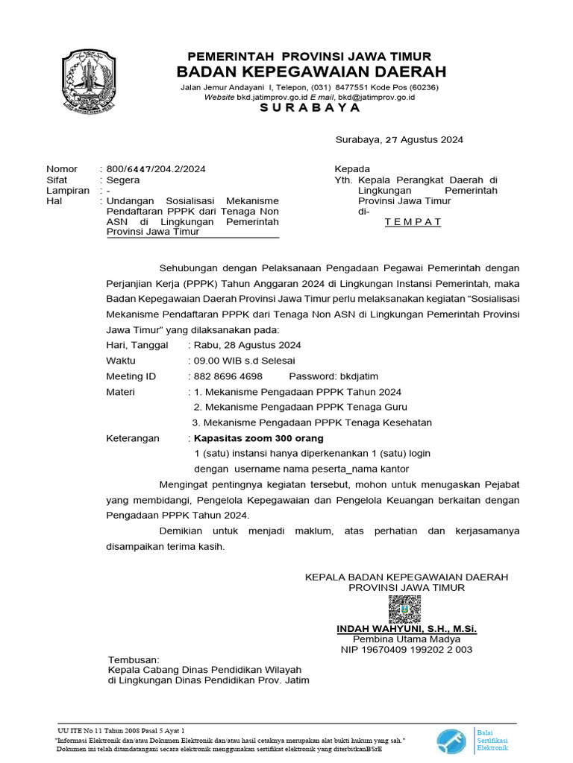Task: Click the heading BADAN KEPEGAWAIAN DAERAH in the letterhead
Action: tap(311, 72)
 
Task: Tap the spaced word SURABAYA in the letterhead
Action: tap(310, 107)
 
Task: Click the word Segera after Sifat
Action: tap(123, 180)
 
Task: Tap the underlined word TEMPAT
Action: tap(413, 222)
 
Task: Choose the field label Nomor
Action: tap(62, 169)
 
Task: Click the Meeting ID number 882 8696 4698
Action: tap(228, 376)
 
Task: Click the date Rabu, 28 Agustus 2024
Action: tap(247, 345)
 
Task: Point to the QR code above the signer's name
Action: tap(404, 609)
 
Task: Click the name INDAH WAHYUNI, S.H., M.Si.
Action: tap(407, 629)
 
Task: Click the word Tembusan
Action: tap(134, 660)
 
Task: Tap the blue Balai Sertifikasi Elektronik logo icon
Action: tap(452, 741)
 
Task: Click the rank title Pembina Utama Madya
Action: tap(407, 639)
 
